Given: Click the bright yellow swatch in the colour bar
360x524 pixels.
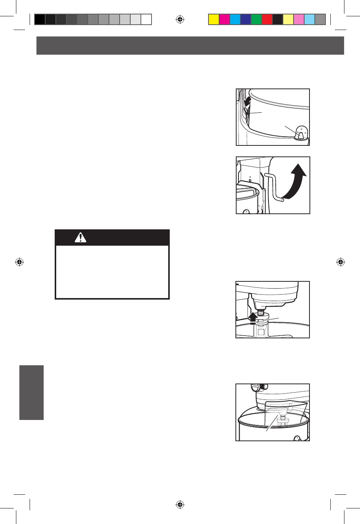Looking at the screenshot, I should [x=214, y=19].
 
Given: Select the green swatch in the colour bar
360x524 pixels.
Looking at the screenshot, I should [x=256, y=19].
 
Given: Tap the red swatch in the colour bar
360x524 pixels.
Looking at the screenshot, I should [x=267, y=19].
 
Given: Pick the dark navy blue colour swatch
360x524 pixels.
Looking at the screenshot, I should [x=246, y=19].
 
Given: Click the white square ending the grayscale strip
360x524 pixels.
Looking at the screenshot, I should [x=146, y=19].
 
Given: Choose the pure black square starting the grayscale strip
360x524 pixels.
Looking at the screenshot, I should [x=40, y=19].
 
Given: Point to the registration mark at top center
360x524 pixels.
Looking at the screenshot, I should [x=180, y=19].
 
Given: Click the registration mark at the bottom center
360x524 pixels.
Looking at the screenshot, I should [x=180, y=505].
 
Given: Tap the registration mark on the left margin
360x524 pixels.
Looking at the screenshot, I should [x=19, y=262].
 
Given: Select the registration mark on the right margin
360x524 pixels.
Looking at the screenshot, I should [x=341, y=262].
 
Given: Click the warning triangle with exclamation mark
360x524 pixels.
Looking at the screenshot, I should [x=81, y=238].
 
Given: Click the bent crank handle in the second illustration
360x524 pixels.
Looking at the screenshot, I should [x=274, y=188].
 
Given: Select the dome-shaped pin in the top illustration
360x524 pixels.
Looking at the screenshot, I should [x=301, y=133].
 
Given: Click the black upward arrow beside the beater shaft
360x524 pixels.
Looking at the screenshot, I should [x=253, y=317].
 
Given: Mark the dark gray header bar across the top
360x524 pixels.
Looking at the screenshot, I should [x=190, y=46].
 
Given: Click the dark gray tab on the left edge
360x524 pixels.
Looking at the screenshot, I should [x=32, y=393].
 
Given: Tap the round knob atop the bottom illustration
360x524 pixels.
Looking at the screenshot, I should [x=255, y=388].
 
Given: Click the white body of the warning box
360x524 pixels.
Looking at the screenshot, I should [x=112, y=271].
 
